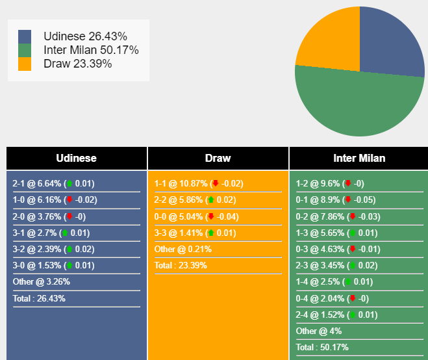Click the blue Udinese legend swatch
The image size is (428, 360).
[x=25, y=36]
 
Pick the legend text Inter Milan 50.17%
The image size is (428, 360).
[x=91, y=50]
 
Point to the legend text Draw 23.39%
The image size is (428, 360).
[x=77, y=64]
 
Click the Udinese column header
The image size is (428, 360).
[x=77, y=158]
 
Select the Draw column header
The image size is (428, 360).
[x=218, y=158]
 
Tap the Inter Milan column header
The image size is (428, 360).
[x=359, y=158]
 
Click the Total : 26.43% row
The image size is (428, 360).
[x=39, y=299]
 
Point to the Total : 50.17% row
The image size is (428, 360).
[x=322, y=347]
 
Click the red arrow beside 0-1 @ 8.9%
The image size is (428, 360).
[x=348, y=200]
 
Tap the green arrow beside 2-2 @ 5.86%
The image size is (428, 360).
[x=210, y=200]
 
